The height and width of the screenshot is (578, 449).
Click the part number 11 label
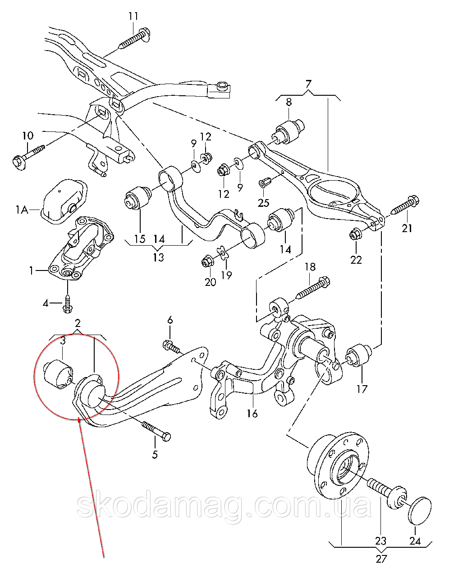[133, 16]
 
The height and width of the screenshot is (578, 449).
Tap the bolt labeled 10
[29, 156]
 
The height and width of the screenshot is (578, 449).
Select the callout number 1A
[22, 210]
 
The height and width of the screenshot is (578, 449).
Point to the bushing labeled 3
[59, 374]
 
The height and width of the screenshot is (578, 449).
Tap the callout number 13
[159, 257]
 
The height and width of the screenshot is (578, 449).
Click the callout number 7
[308, 84]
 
